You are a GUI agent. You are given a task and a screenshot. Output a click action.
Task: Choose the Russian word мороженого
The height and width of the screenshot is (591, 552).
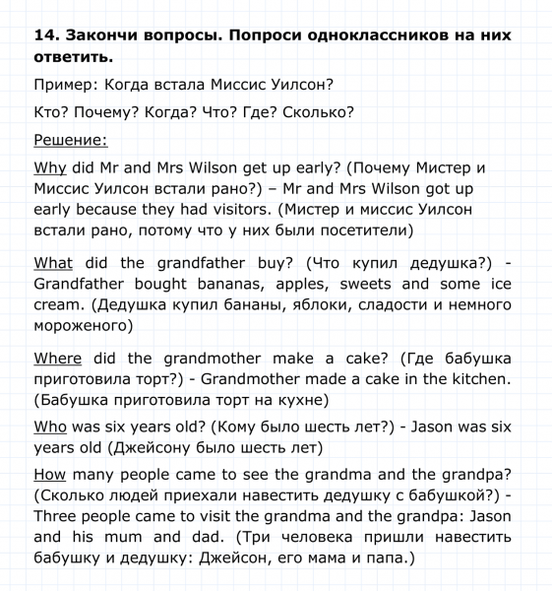click(x=83, y=325)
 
